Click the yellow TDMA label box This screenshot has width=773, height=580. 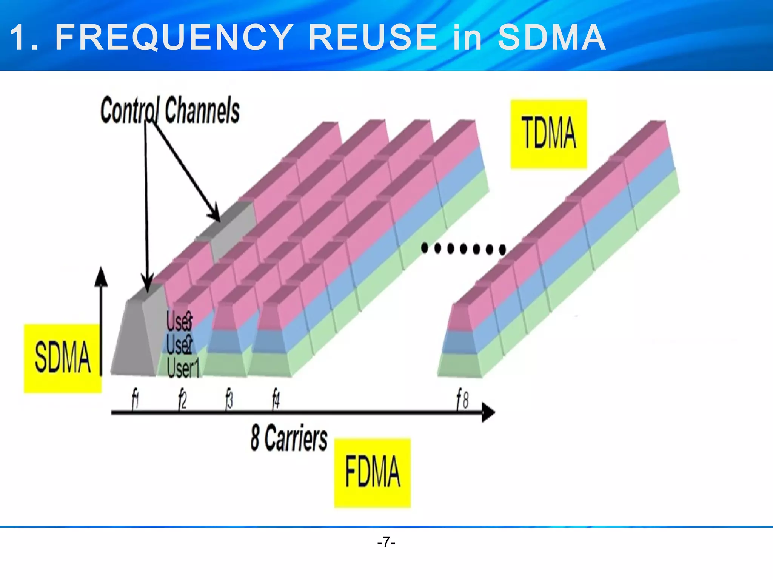[x=549, y=134]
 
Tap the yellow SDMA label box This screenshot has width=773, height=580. [x=63, y=358]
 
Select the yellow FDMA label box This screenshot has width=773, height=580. [x=372, y=472]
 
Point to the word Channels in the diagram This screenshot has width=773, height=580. [x=202, y=110]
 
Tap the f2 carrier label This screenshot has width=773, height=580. [x=183, y=399]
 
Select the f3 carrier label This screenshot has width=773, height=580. [x=229, y=399]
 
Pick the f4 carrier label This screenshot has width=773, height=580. [x=276, y=399]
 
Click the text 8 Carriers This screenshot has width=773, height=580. [x=289, y=438]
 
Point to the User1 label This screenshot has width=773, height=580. [x=183, y=368]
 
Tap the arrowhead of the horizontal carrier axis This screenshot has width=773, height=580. [x=488, y=412]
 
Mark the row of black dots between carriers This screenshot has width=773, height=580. [x=463, y=248]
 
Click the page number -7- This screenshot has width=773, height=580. [x=386, y=542]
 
